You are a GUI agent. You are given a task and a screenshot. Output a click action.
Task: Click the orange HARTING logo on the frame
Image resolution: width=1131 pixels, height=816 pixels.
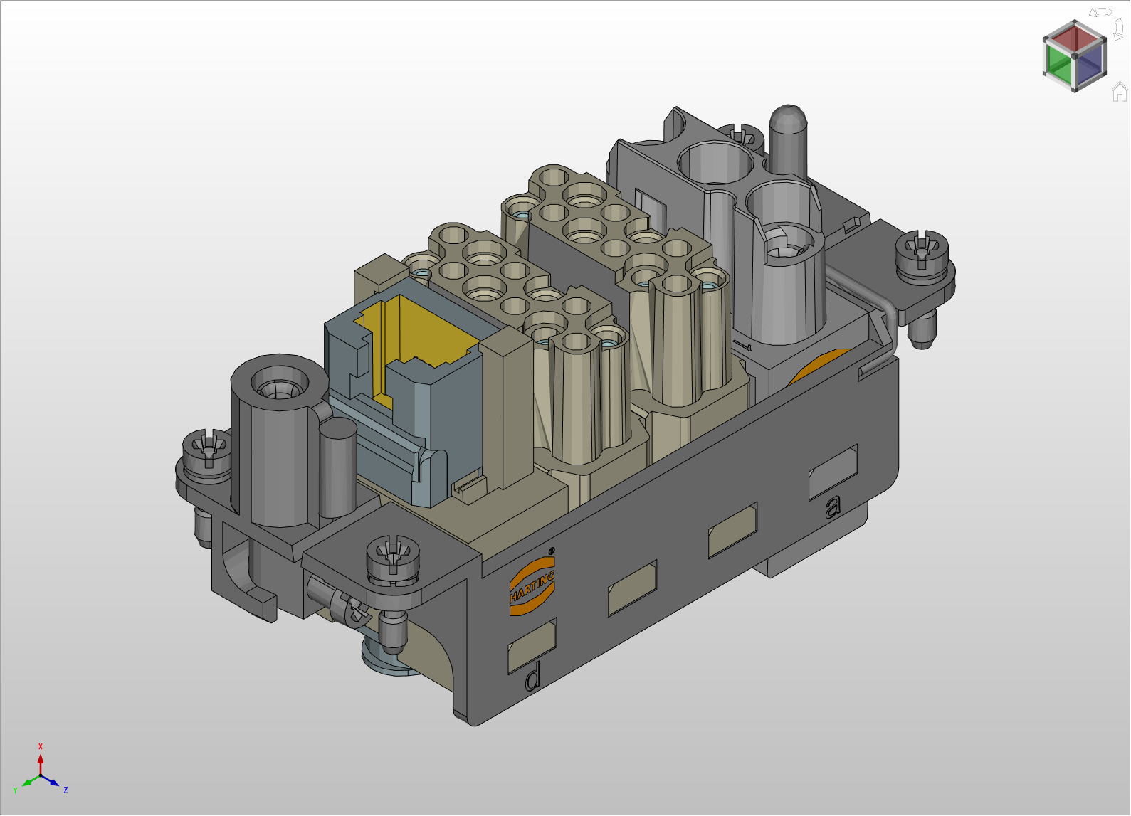click(x=532, y=586)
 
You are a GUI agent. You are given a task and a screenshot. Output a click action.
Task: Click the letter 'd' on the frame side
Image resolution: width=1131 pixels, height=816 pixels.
click(x=532, y=677)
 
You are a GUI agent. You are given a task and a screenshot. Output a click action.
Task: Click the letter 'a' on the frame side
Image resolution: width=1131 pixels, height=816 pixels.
click(x=832, y=507)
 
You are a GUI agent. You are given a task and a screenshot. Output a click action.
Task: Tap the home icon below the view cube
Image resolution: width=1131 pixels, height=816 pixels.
click(x=1120, y=92)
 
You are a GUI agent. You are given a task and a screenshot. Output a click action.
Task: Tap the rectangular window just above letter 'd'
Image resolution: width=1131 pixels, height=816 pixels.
click(x=532, y=645)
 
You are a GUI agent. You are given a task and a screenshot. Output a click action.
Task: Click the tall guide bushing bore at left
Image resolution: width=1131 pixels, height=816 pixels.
click(x=280, y=384)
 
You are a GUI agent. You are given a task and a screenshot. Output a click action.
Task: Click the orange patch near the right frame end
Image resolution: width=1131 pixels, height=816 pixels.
click(x=819, y=365)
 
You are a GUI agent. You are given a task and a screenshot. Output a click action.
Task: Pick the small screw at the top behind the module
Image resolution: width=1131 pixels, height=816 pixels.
click(x=740, y=134)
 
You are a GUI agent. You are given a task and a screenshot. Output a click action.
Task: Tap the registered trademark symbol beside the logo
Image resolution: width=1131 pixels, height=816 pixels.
click(x=552, y=551)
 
